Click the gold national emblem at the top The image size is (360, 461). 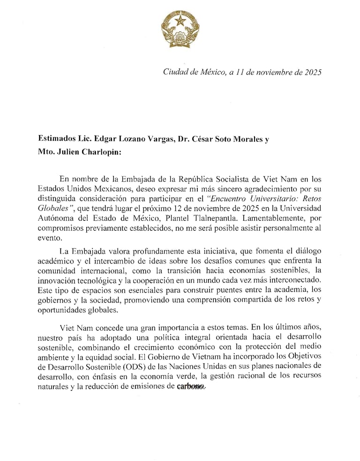tap(180, 29)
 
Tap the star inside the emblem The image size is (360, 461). tap(180, 22)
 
